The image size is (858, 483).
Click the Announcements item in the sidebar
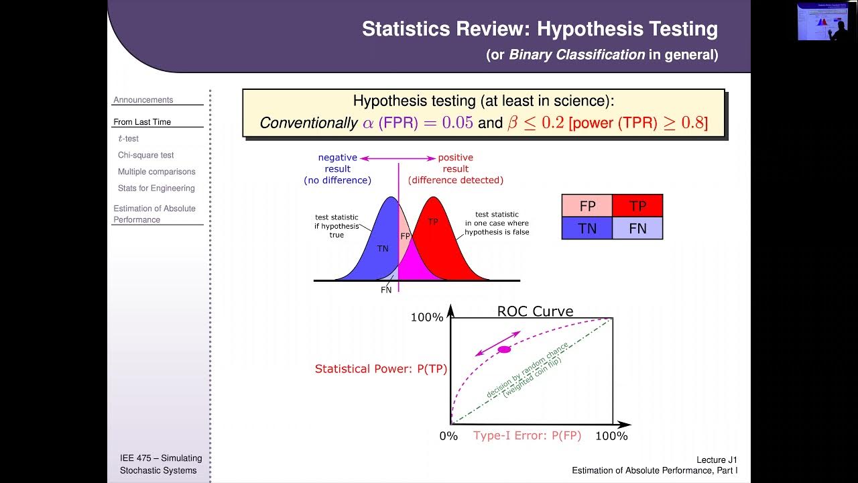coord(143,100)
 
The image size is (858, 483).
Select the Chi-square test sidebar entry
coord(145,155)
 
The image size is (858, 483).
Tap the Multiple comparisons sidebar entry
coord(156,172)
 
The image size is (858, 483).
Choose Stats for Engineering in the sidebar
coord(156,189)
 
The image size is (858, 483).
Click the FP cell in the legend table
coord(587,206)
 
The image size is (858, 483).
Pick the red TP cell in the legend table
coord(637,206)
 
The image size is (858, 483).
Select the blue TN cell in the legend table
coord(587,228)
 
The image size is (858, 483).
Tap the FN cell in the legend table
coord(637,228)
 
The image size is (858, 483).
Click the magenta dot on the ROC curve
coord(505,350)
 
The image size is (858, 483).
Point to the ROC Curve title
coord(535,311)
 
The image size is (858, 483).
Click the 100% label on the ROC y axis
coord(427,317)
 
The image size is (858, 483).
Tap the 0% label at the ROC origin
coord(448,436)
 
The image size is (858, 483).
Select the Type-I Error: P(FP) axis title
coord(527,435)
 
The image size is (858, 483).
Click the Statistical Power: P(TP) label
coord(381,368)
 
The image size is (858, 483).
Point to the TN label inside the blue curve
coord(383,249)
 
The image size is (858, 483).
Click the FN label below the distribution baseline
coord(386,290)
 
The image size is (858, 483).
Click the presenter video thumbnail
coord(822,21)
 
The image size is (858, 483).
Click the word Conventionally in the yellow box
coord(308,123)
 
